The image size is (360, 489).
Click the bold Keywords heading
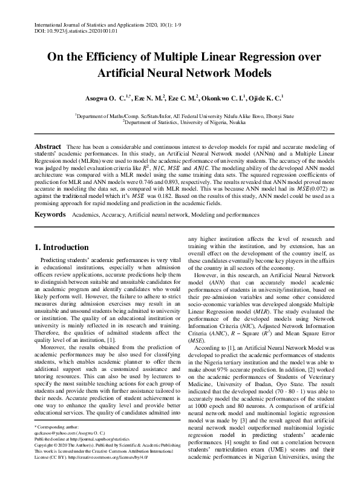(50, 215)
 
